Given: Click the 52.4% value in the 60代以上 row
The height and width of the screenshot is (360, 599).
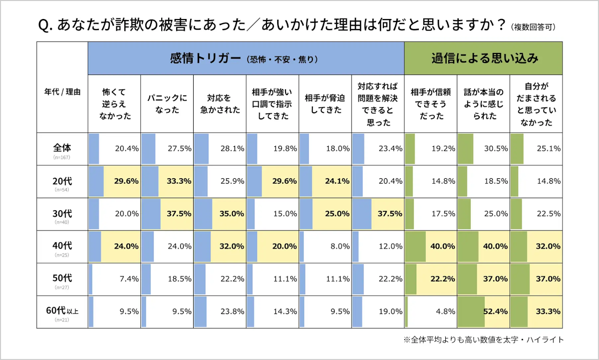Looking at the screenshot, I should (x=495, y=312).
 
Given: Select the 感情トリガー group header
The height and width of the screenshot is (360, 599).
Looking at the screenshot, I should (x=246, y=58).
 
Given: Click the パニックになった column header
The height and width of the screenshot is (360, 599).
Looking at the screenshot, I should (x=167, y=104).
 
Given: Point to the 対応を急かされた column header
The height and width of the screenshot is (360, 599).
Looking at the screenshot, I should (x=220, y=104).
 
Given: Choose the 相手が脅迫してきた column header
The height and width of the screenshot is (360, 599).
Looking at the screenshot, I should (x=325, y=104).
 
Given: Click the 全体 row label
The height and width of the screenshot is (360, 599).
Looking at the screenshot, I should (x=62, y=148).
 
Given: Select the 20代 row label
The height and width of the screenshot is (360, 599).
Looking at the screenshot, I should (x=62, y=181).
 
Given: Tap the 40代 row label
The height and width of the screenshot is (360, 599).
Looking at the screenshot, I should (x=62, y=246).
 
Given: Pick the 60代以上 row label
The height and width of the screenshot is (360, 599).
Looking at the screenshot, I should (x=62, y=312).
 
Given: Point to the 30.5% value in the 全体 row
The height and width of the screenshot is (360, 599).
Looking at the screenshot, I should (x=496, y=148).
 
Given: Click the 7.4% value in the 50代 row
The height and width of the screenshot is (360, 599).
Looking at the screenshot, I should (x=129, y=279).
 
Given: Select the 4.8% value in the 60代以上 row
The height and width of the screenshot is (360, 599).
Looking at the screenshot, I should (x=444, y=312).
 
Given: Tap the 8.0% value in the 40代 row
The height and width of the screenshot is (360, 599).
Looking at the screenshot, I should (x=339, y=246).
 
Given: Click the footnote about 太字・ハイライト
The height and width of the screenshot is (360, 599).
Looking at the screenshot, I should (x=484, y=340).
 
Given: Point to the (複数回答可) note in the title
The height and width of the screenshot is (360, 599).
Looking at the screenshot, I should (x=534, y=26).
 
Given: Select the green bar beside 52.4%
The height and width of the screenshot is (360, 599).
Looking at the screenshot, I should (x=471, y=312).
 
